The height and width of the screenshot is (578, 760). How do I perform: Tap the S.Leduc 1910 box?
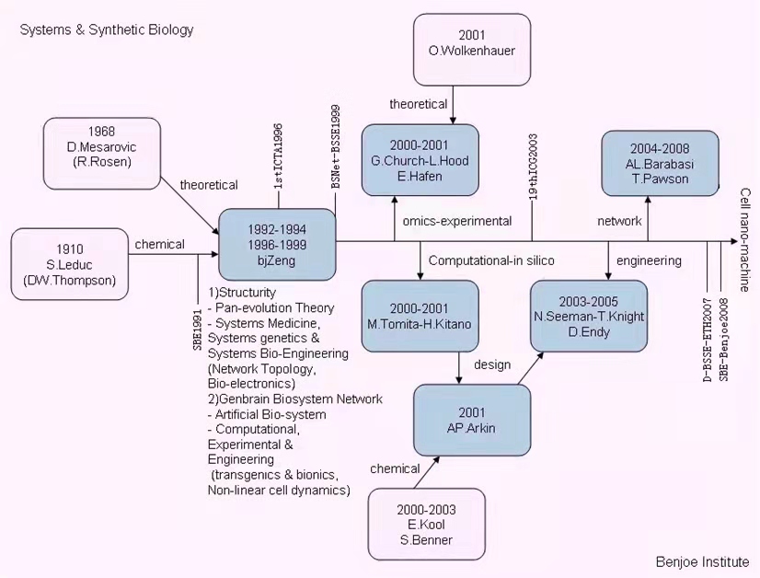70,264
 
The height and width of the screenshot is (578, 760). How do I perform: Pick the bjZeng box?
276,244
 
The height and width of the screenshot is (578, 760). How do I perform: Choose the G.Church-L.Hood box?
420,160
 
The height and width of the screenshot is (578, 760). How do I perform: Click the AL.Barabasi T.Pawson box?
660,163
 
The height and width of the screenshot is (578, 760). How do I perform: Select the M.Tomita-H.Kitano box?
420,317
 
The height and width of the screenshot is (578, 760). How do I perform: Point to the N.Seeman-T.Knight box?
589,316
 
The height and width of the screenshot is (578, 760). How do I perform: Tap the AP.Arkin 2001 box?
471,420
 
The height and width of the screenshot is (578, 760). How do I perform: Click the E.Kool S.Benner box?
426,524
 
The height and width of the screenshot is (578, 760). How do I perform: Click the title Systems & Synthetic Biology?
107,29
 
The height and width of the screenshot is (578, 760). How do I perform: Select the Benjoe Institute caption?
702,561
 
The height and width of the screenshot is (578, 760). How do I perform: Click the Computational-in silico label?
491,260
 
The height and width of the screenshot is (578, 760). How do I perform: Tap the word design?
492,364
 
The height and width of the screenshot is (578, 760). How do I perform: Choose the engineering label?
649,260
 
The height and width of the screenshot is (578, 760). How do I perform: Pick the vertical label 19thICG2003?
533,167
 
